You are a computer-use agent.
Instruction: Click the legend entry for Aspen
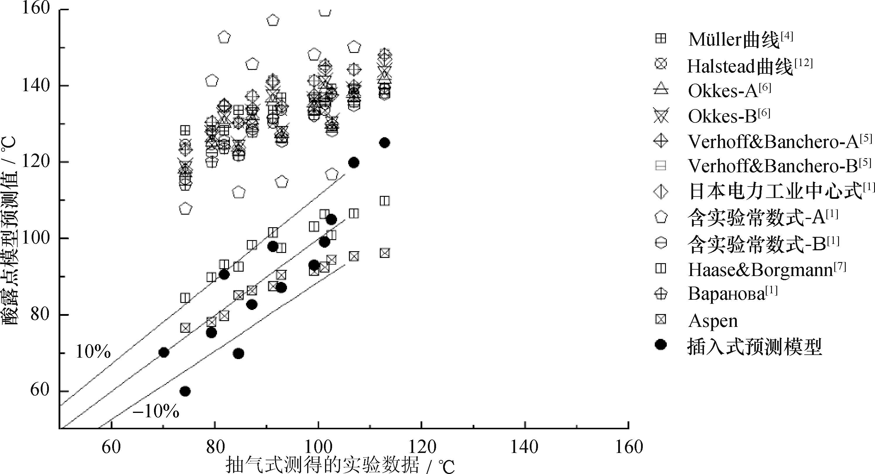713,320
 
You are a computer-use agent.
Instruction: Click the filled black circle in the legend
661,345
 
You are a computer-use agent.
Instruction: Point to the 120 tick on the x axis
421,447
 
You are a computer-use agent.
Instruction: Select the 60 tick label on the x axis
111,447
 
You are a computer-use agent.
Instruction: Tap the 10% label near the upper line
93,352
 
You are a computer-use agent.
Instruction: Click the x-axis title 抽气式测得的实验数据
322,465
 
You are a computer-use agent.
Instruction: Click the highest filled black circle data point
384,143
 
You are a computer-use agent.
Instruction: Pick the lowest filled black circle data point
185,391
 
